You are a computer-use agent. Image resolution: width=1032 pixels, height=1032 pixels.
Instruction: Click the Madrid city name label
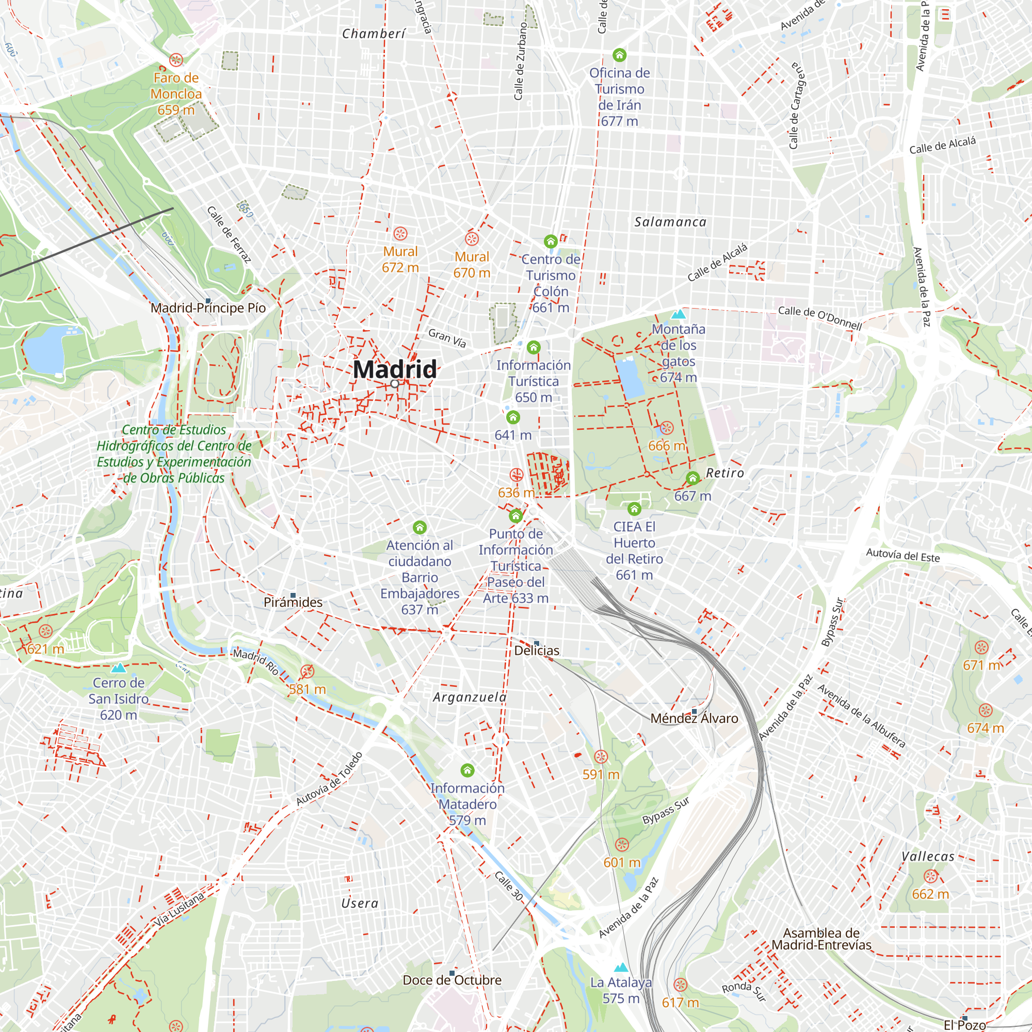point(395,369)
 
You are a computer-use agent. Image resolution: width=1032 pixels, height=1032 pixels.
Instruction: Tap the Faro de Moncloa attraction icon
point(176,60)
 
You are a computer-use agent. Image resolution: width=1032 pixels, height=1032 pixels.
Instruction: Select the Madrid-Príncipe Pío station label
point(208,308)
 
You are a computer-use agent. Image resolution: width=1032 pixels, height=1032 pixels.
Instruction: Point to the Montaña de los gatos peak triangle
point(679,314)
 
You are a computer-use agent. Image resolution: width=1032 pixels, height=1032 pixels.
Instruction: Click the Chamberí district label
point(374,34)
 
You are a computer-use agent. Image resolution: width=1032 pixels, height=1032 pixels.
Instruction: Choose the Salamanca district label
point(670,222)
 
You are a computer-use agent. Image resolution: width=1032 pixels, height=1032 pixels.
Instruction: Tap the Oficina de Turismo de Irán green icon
point(619,55)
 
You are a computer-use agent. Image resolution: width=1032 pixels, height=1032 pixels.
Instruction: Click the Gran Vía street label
point(447,337)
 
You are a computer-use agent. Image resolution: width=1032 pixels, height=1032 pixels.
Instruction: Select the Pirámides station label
point(293,602)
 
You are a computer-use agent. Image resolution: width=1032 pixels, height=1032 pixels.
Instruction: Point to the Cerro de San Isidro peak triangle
point(119,668)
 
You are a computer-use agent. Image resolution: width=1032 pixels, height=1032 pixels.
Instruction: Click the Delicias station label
point(537,650)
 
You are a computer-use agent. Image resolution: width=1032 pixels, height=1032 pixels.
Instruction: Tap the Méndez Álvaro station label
point(694,718)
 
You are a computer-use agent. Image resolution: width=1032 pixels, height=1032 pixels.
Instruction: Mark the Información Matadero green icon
point(467,770)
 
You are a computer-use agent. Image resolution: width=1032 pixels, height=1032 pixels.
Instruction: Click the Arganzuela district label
point(470,697)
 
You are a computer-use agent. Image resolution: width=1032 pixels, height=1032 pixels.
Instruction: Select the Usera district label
point(360,904)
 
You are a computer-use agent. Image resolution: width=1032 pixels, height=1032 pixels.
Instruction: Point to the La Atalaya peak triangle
point(621,967)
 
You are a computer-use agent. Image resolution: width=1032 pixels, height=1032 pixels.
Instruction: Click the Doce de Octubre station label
point(452,980)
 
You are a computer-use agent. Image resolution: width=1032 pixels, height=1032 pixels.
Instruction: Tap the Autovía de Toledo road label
point(330,778)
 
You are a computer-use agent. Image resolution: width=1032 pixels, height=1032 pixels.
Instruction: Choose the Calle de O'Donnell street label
point(819,317)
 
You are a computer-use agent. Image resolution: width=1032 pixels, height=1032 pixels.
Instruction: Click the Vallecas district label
point(928,856)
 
